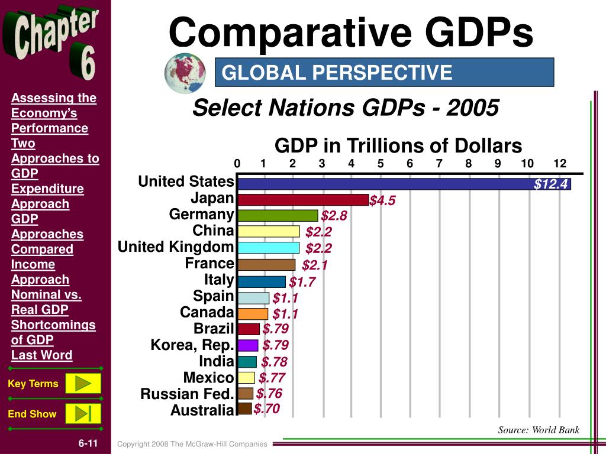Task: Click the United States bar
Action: point(385,184)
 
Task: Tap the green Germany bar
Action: point(278,215)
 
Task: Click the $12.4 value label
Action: point(551,184)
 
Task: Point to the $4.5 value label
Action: point(382,201)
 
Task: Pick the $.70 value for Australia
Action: point(266,409)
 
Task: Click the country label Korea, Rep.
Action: point(192,345)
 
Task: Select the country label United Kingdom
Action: point(176,247)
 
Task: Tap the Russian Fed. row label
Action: point(187,394)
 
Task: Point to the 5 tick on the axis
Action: point(381,164)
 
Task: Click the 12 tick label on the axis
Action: point(560,164)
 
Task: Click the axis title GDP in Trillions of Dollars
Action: point(398,145)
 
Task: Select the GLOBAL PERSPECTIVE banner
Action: point(384,72)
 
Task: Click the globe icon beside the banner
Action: point(184,72)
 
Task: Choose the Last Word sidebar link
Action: point(41,355)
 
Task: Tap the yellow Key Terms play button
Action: point(83,384)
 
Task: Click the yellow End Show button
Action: point(83,413)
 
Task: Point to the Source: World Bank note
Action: point(539,430)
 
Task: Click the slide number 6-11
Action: point(88,443)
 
